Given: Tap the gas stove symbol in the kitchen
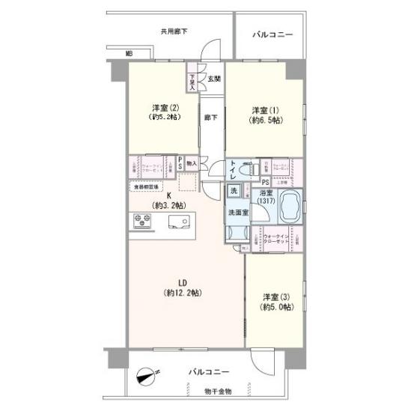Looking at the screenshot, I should [x=142, y=220].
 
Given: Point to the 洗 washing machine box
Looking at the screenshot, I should [x=234, y=190].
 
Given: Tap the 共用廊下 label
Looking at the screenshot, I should [x=174, y=31].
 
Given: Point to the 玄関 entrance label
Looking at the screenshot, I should [x=213, y=79].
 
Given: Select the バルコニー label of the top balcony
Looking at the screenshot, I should [x=273, y=34].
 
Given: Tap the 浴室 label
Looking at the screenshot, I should [x=266, y=191].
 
